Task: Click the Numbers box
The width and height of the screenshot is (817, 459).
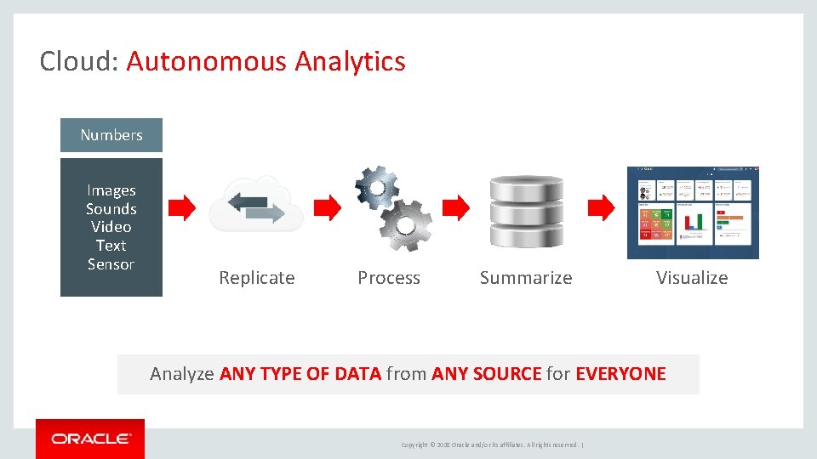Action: pos(111,135)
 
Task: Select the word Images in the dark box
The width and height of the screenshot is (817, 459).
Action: pos(111,190)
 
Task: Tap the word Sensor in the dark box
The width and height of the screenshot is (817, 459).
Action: pos(111,264)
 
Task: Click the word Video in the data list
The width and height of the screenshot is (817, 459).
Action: pos(111,227)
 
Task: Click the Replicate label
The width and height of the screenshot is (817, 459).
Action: pos(256,278)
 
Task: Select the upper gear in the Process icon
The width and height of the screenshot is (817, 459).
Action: pos(377,186)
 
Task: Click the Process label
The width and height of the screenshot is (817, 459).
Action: pos(389,278)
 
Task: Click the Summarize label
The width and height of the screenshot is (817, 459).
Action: pos(526,278)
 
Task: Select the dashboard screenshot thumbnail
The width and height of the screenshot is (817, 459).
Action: pos(692,212)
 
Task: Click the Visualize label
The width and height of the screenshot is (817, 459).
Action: pos(692,278)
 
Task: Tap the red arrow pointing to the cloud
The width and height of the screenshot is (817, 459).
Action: pos(182,207)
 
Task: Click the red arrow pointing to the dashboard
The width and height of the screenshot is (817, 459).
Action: pos(602,207)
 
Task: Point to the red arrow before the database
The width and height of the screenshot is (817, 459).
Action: pos(457,207)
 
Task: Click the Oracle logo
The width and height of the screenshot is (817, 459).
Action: pos(90,439)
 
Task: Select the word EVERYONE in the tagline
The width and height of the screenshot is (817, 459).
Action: pos(620,374)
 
